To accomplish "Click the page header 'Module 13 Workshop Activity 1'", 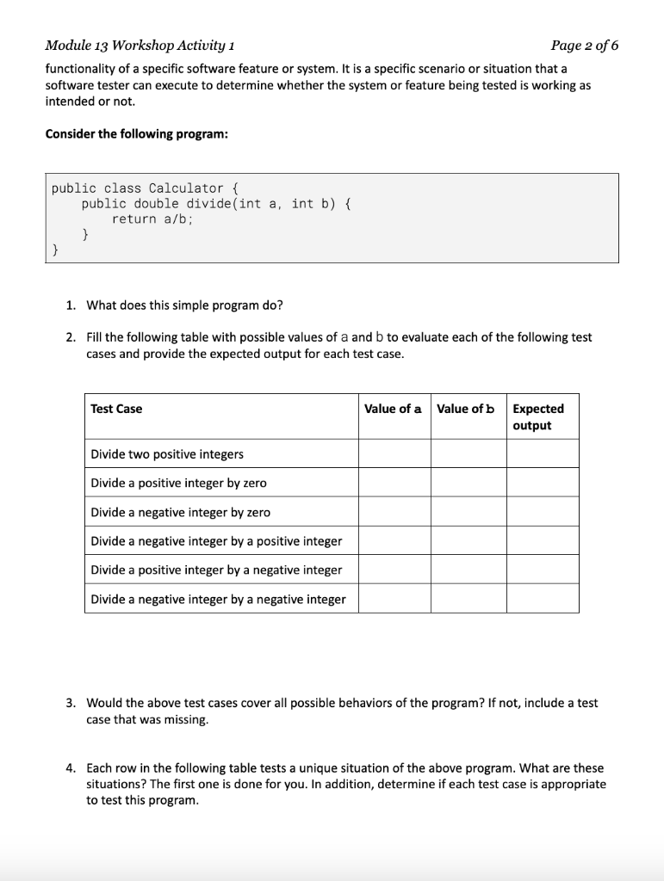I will [x=142, y=46].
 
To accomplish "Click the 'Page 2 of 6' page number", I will [x=584, y=46].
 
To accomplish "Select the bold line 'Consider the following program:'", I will [x=136, y=134].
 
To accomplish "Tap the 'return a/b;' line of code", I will [x=152, y=219].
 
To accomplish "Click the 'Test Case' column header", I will [x=116, y=409].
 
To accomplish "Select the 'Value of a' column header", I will [x=393, y=409].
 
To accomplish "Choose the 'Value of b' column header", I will [x=466, y=409].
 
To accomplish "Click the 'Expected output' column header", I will [x=538, y=417].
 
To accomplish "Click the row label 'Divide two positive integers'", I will [x=167, y=453].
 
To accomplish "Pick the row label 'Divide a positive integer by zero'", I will [x=178, y=483].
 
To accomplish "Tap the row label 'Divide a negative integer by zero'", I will [x=180, y=512].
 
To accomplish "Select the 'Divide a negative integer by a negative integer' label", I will [x=218, y=599].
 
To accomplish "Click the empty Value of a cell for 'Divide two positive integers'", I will [x=394, y=453].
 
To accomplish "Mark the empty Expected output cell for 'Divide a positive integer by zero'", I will [x=542, y=483].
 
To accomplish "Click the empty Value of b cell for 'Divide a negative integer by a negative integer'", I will [x=468, y=599].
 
